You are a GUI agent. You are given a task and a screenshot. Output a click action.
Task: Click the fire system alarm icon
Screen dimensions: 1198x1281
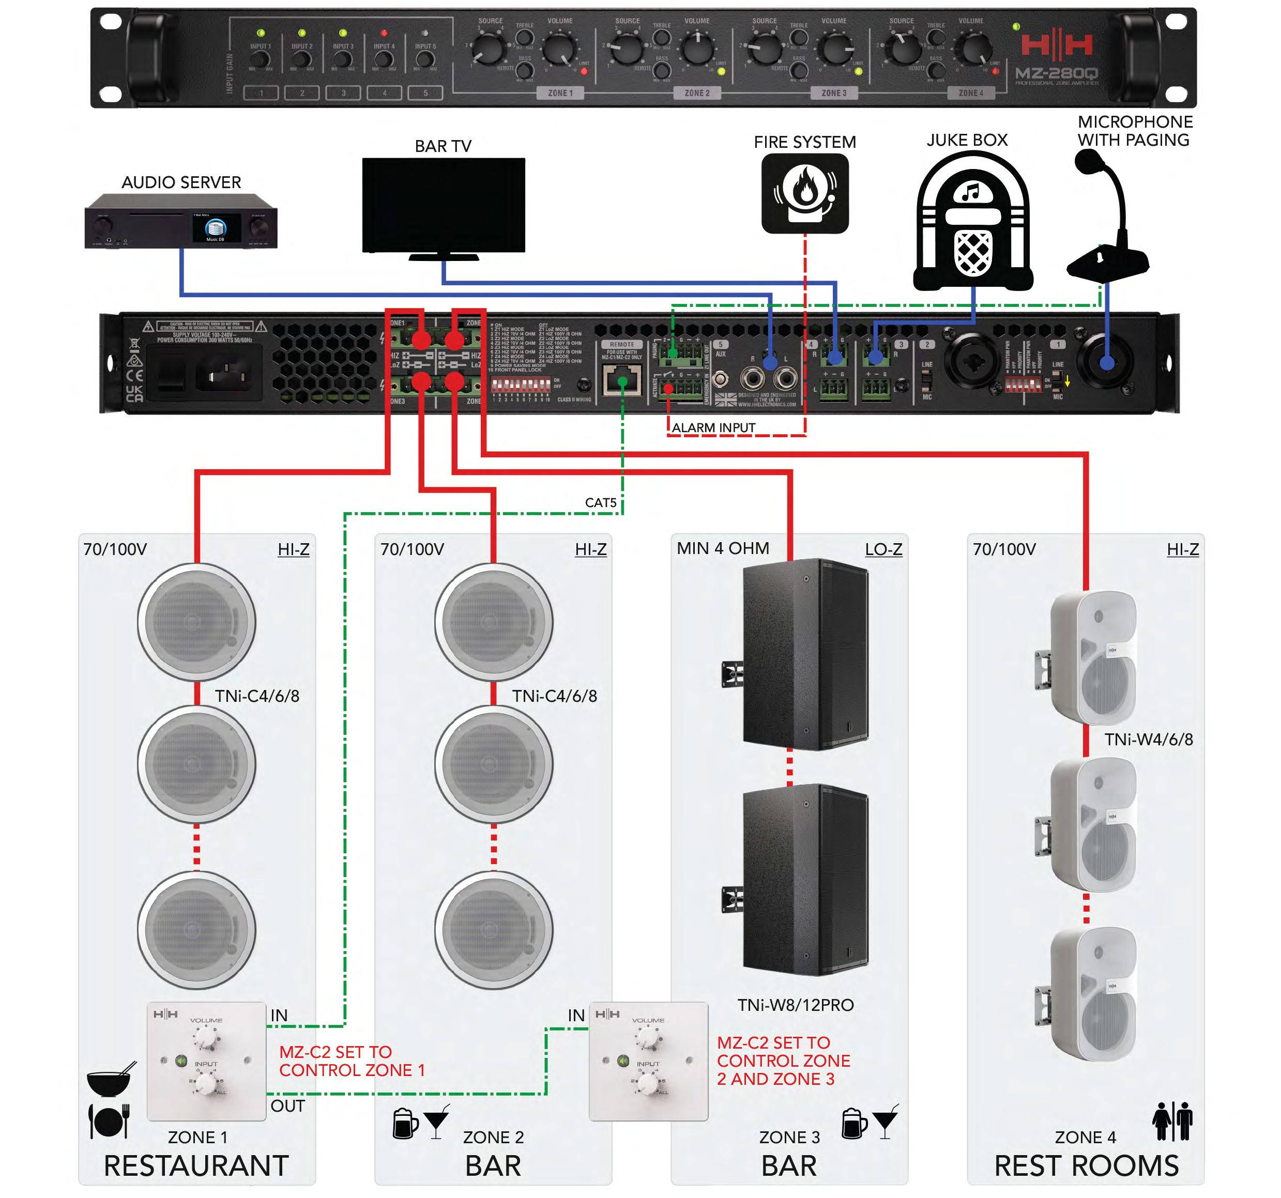[x=805, y=193]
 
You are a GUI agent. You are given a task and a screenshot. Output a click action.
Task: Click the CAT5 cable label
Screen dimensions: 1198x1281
[x=601, y=502]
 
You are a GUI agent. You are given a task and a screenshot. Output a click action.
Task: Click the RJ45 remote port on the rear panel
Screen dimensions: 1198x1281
[x=622, y=380]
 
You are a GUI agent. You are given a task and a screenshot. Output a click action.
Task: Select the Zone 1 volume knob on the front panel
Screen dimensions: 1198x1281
[x=559, y=49]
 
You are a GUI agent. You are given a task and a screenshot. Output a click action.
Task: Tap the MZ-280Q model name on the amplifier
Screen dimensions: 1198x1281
[x=1056, y=73]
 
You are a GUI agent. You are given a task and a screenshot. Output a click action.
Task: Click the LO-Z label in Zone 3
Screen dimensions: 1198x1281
[x=883, y=549]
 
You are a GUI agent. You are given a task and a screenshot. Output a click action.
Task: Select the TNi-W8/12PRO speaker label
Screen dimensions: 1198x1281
[x=795, y=1005]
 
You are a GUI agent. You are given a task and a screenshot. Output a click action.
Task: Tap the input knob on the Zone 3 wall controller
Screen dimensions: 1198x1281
[x=648, y=1085]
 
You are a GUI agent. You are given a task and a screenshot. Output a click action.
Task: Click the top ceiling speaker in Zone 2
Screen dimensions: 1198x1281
[x=494, y=622]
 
